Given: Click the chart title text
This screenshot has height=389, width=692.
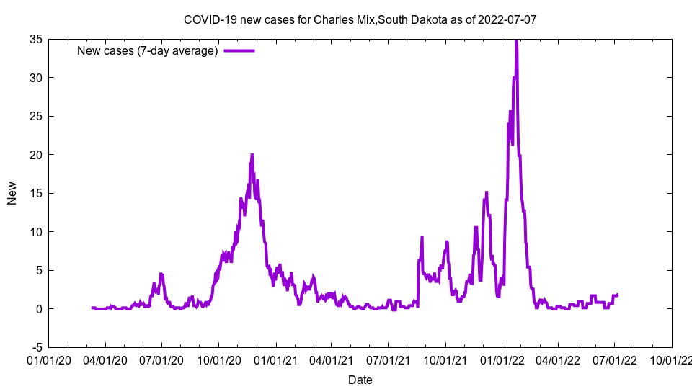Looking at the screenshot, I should pos(360,19).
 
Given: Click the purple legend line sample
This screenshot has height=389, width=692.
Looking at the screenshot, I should pos(239,50).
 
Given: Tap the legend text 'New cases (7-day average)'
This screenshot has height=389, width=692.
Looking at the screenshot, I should pos(148,50).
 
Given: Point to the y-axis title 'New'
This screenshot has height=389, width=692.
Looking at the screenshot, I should pos(12,193).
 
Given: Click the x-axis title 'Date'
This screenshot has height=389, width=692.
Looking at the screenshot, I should pos(360,380).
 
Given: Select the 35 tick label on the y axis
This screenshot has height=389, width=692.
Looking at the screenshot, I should pos(35,39).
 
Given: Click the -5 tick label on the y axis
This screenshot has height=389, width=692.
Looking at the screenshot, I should pos(35,347).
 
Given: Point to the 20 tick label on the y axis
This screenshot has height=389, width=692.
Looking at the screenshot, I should pos(35,155).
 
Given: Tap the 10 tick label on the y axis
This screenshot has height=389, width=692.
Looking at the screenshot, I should pos(35,232).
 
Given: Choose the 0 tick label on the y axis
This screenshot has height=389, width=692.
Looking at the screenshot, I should pos(38,309).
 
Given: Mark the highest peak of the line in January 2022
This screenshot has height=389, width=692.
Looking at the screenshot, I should pos(516,41).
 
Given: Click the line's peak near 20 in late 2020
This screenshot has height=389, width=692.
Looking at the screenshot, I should pos(252,155).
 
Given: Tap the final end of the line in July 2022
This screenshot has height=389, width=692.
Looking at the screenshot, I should pos(618,295).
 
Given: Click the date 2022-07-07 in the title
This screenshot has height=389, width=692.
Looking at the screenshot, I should pos(509,19).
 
